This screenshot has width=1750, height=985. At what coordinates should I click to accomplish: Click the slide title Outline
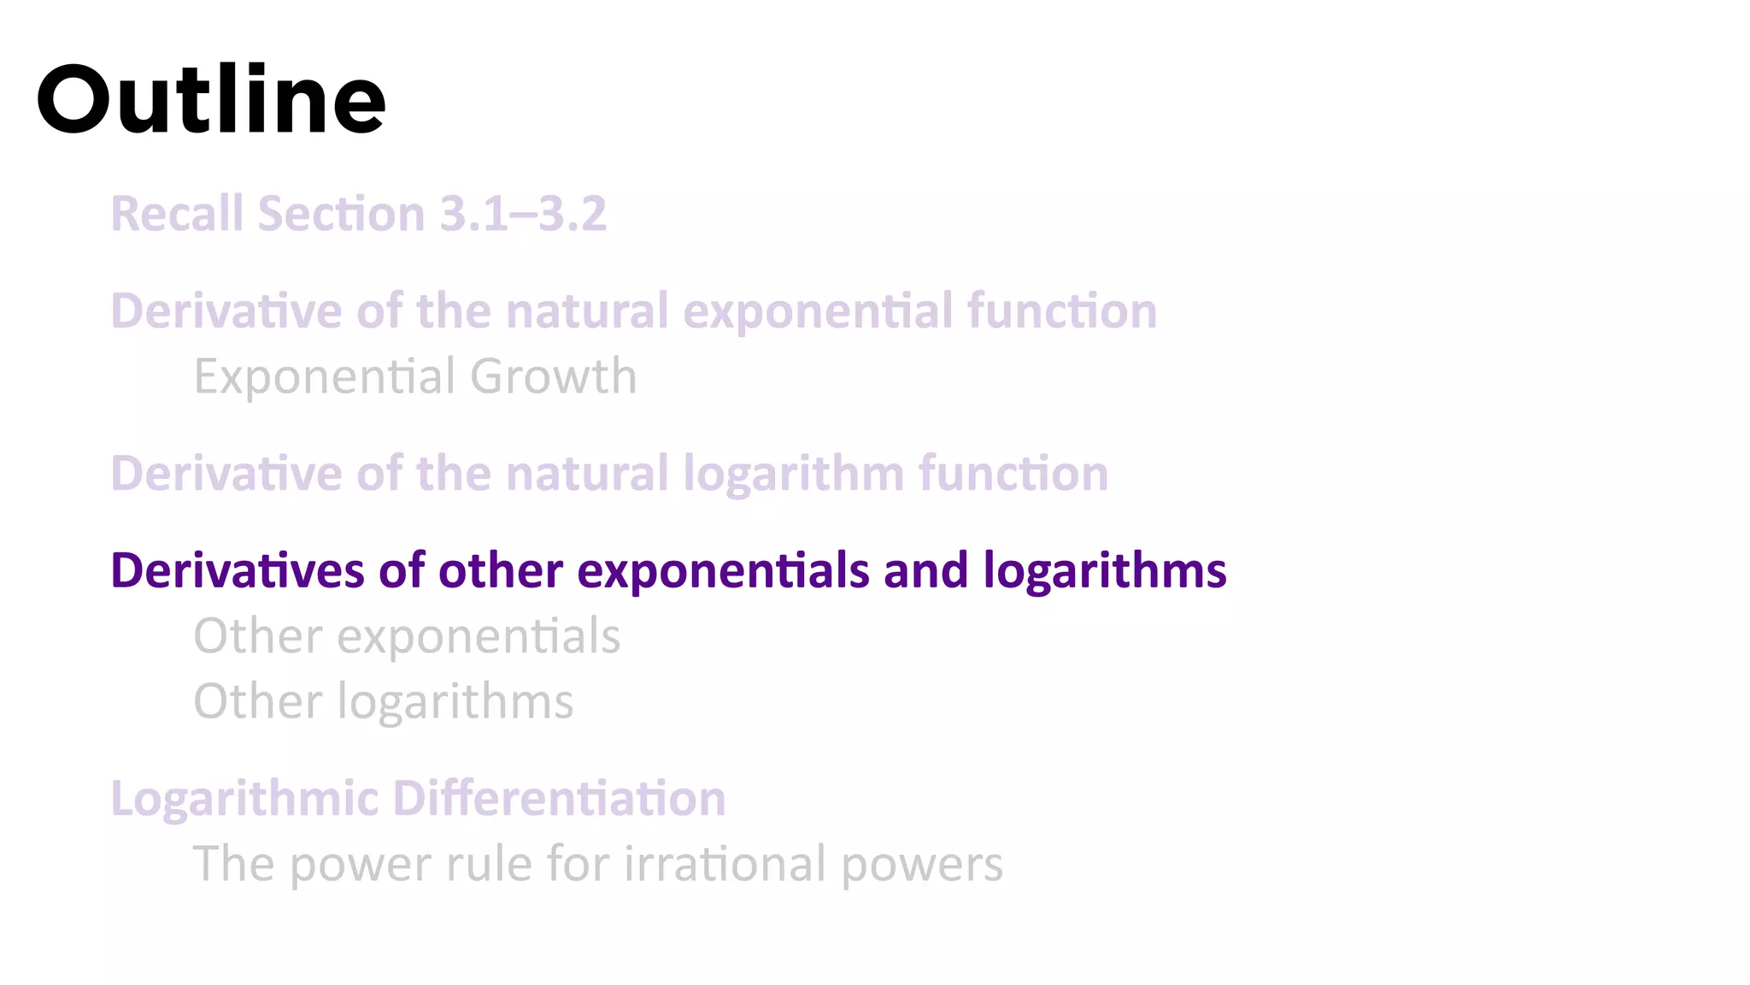211,100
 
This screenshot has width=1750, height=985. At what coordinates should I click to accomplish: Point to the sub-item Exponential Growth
415,376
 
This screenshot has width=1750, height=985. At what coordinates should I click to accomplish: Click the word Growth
553,376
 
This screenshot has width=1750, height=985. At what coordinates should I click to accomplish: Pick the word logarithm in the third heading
793,474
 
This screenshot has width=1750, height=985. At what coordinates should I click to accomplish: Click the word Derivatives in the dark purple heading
238,570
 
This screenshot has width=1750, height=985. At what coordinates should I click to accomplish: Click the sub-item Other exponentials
407,636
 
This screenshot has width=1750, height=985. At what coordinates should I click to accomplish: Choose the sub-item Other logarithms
383,702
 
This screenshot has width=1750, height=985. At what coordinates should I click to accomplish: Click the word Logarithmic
244,799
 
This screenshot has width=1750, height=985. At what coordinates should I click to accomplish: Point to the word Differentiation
559,799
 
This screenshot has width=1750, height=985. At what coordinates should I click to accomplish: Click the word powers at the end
922,865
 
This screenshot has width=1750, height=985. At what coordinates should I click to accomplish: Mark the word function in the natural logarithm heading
1013,474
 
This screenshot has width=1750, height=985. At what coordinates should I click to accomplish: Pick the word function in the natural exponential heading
1062,311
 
